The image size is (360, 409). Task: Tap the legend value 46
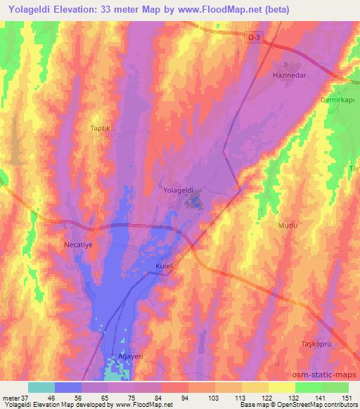(51, 397)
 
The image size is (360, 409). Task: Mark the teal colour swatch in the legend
(41, 387)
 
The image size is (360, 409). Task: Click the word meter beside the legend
(11, 397)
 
